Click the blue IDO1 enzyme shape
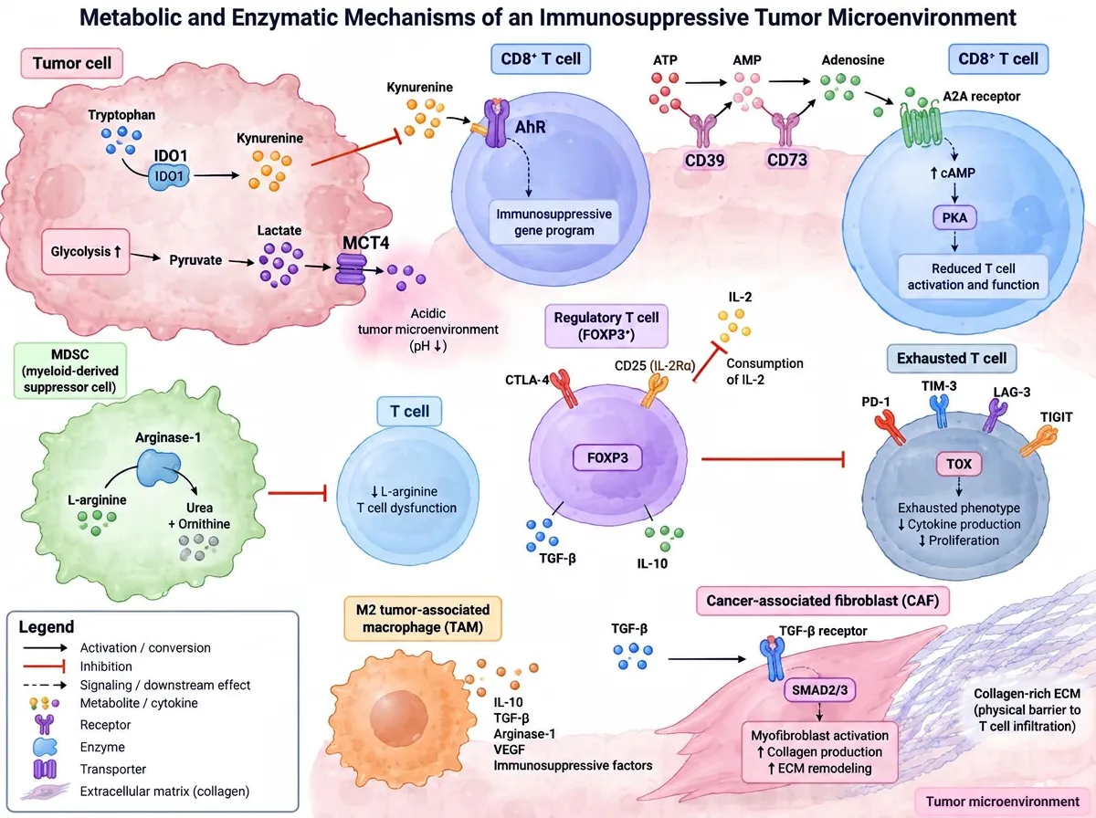click(169, 177)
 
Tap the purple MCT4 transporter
click(351, 269)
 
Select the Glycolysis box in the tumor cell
click(86, 252)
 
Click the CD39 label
click(704, 160)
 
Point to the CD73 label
click(787, 160)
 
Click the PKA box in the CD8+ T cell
click(954, 217)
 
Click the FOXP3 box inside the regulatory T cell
click(607, 457)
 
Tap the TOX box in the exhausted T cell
click(959, 464)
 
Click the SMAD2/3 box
click(820, 690)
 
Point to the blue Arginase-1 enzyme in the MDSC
click(158, 467)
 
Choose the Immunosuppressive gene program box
click(554, 223)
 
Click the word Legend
click(47, 627)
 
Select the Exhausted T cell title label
click(952, 359)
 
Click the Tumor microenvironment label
click(1003, 802)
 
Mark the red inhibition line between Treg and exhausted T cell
click(773, 458)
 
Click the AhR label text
click(531, 127)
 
